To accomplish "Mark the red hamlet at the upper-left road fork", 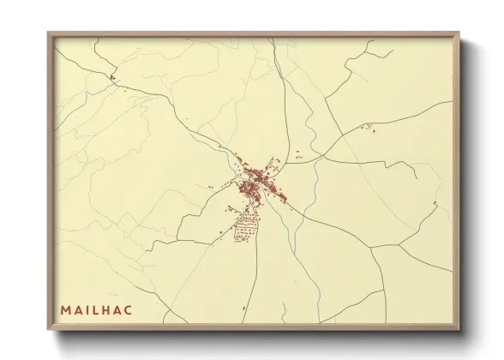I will point(111,79).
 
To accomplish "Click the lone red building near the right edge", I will point(435,203).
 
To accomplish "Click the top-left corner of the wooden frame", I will point(49,33).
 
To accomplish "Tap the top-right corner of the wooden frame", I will point(459,33).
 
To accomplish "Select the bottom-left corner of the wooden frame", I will point(49,327).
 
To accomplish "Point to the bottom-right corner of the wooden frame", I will point(459,327).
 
